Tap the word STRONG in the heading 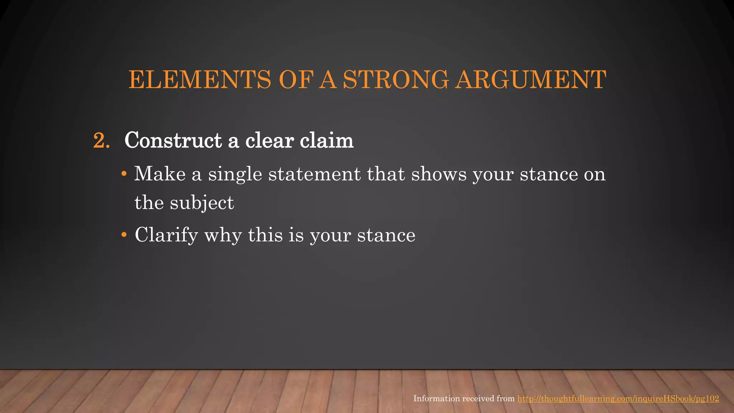pyautogui.click(x=396, y=80)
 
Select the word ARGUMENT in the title pyautogui.click(x=531, y=80)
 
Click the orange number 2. pyautogui.click(x=101, y=140)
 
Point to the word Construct pyautogui.click(x=173, y=140)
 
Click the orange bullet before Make pyautogui.click(x=124, y=174)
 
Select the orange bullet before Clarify pyautogui.click(x=124, y=235)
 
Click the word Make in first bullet pyautogui.click(x=160, y=174)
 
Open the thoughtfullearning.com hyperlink pyautogui.click(x=618, y=399)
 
